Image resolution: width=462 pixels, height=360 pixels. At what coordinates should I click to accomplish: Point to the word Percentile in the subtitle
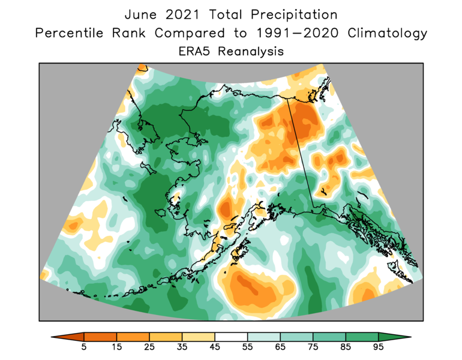(71, 33)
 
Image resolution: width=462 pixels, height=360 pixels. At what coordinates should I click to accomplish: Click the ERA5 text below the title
(196, 52)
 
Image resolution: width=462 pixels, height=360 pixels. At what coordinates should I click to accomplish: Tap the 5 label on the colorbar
(84, 347)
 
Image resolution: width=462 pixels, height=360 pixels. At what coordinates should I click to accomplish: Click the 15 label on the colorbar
(116, 347)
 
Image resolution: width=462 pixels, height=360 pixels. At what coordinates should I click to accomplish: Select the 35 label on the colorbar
(182, 347)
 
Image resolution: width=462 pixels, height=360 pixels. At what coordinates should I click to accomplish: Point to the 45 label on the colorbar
(215, 347)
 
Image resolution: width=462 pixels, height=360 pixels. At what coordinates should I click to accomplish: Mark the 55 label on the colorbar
(247, 347)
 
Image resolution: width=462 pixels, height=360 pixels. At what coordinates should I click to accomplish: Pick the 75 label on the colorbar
(313, 347)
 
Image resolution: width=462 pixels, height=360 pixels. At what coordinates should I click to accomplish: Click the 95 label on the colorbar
(378, 347)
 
